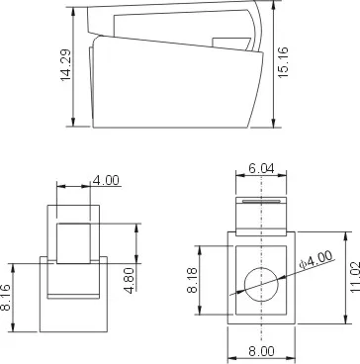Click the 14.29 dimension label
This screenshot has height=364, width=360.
(65, 65)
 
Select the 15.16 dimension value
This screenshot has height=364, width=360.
(283, 62)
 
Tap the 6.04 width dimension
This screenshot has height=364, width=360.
(261, 168)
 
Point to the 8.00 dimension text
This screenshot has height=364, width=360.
(261, 351)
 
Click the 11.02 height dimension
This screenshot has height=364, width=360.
(355, 277)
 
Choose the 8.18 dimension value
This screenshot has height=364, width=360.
(192, 280)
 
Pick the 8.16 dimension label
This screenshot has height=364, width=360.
(4, 298)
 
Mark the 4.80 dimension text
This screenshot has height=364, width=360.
(131, 280)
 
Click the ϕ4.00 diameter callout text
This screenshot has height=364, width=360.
(315, 260)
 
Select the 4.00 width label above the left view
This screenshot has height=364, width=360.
(106, 180)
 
